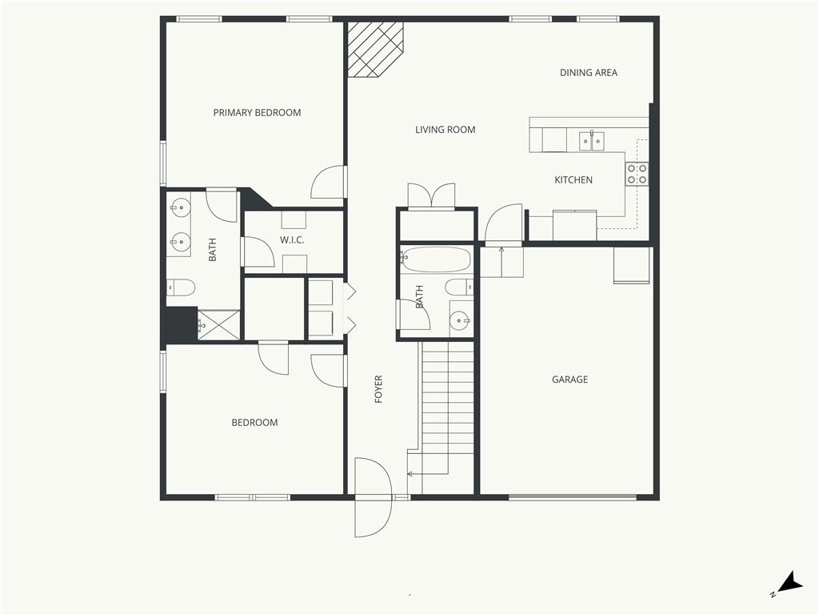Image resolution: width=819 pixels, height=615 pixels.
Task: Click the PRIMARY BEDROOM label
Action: tap(257, 112)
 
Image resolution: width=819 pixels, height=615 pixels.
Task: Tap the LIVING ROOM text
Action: tap(445, 130)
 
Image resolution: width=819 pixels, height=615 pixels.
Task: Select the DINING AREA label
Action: tap(589, 73)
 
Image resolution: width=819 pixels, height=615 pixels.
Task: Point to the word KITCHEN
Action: tap(573, 180)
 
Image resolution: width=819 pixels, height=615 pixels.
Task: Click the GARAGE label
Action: tap(569, 379)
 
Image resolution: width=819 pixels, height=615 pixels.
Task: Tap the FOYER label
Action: tap(378, 388)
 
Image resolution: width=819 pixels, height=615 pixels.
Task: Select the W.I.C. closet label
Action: tap(292, 240)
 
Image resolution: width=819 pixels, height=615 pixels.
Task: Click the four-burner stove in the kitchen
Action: tap(637, 174)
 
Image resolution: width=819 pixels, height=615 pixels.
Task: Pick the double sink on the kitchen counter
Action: tap(592, 141)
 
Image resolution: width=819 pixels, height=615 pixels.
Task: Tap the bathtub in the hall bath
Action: tap(436, 259)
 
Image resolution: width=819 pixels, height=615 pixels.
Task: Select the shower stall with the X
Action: tap(219, 325)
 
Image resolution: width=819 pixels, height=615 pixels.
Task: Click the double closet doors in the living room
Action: tap(431, 196)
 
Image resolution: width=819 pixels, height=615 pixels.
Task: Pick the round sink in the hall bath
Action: tap(460, 320)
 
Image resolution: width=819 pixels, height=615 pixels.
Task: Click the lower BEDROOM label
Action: tap(254, 423)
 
